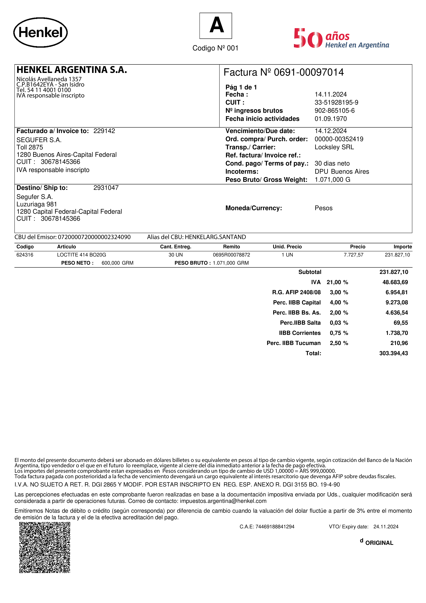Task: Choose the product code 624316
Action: tap(25, 255)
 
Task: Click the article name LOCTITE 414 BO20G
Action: tap(82, 255)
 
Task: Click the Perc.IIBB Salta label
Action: tap(300, 323)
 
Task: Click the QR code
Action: tap(45, 548)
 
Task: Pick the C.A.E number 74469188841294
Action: tap(275, 527)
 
